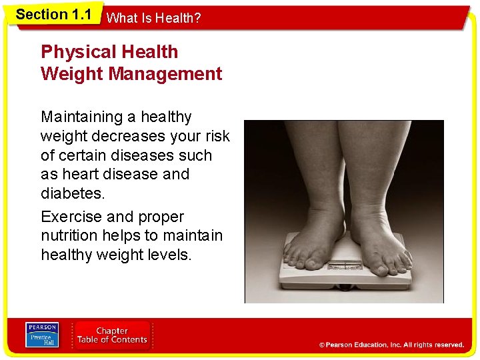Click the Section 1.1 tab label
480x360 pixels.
53,14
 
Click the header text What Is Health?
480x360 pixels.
153,18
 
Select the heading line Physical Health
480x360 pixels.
109,52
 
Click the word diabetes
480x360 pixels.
71,193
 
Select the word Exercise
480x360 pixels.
71,217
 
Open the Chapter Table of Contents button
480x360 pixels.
112,335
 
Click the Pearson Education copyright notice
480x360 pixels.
391,345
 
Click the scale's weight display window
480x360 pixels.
344,265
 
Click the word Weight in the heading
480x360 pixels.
71,73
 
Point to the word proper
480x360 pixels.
161,217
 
